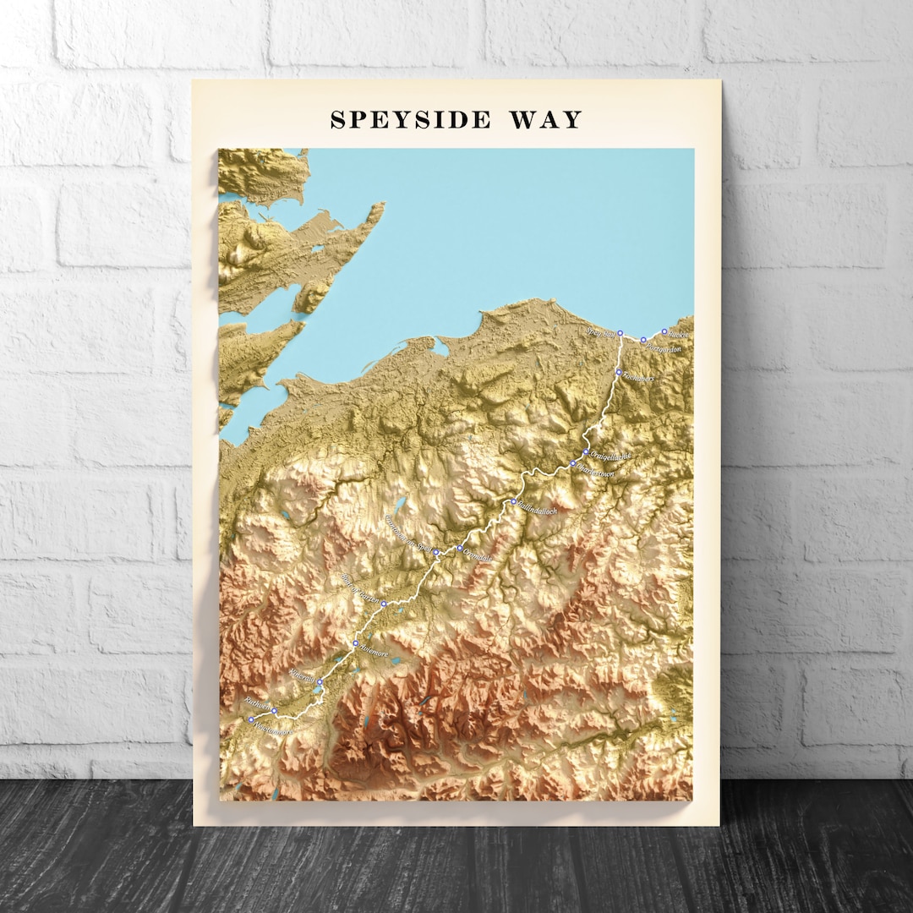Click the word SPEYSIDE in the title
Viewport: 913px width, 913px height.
tap(410, 120)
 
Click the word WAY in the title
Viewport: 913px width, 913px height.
tap(546, 120)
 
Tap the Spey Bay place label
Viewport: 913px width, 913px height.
tap(601, 331)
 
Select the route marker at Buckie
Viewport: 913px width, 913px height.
tap(664, 331)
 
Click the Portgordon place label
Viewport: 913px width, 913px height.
tap(664, 347)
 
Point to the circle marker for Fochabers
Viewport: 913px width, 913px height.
tap(618, 372)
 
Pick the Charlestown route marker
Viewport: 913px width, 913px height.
tap(572, 463)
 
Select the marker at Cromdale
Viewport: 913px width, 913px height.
tap(460, 548)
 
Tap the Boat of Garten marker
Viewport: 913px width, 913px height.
tap(384, 604)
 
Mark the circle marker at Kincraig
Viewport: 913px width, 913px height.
tap(320, 681)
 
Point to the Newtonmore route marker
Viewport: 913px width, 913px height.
tap(251, 719)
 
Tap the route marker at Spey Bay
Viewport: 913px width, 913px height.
tap(620, 333)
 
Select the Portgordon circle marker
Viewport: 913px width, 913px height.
tap(643, 340)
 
